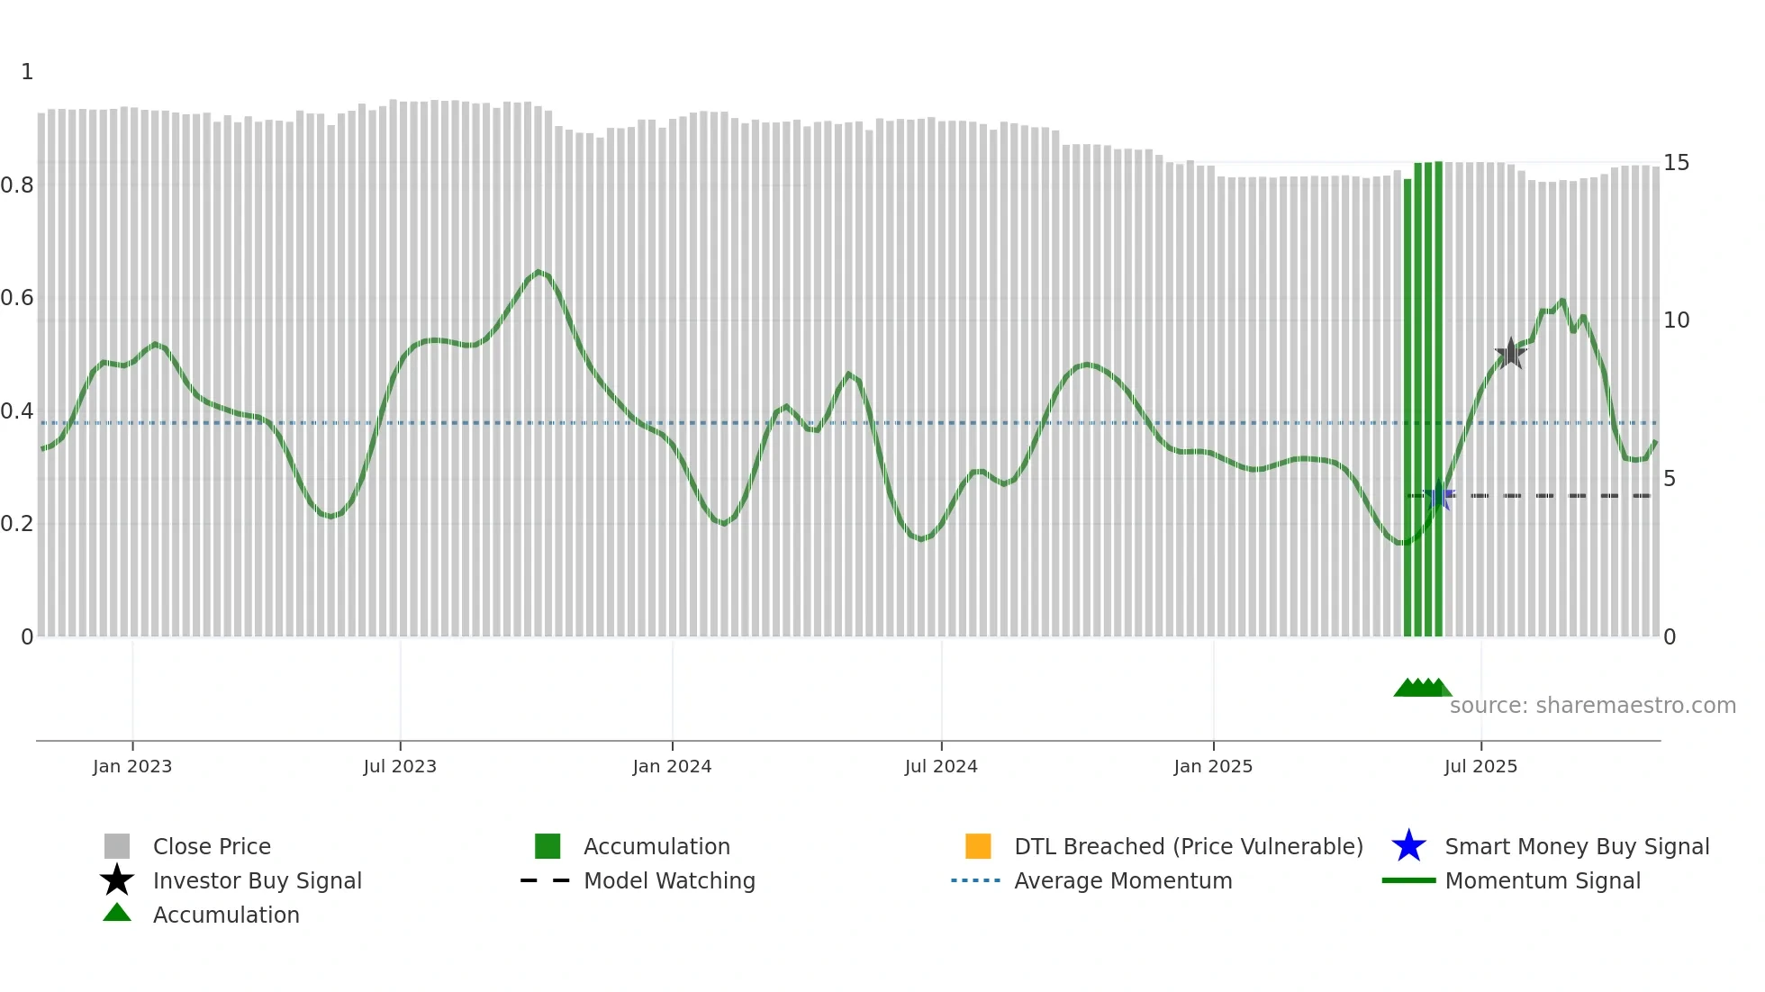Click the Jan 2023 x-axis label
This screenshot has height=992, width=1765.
click(131, 767)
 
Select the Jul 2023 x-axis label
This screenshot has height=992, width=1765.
click(400, 767)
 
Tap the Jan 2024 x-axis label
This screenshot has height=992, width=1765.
click(672, 767)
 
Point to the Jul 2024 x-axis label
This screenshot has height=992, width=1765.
click(941, 767)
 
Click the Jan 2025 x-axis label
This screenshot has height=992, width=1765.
click(1213, 767)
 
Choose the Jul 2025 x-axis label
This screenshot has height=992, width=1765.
click(1480, 767)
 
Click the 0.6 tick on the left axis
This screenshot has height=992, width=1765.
click(17, 298)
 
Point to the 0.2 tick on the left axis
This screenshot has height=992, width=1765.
click(17, 524)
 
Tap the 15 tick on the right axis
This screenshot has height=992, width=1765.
click(1676, 163)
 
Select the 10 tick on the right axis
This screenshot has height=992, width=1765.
click(1676, 320)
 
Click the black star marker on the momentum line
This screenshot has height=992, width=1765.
click(1510, 354)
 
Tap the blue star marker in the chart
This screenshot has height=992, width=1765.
click(1439, 496)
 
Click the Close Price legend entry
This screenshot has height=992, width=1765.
click(212, 847)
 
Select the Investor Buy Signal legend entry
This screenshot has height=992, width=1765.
click(257, 881)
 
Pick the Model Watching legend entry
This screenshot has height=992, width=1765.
click(669, 881)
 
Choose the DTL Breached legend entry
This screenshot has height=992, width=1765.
click(1188, 847)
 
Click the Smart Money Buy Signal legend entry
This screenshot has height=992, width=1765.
click(1576, 847)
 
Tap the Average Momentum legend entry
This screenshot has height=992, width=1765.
click(1123, 881)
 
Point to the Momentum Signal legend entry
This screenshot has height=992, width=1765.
click(1542, 881)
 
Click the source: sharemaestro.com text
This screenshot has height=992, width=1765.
click(1592, 706)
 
